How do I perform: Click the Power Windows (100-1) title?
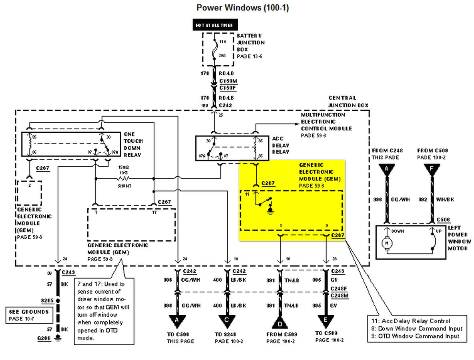click(x=243, y=8)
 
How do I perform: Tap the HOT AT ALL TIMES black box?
click(x=215, y=25)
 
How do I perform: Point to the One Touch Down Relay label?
click(x=133, y=144)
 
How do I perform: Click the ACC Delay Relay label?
click(x=280, y=145)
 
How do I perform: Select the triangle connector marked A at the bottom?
click(x=177, y=320)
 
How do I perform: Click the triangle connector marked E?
click(x=326, y=320)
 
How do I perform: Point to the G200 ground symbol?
click(x=59, y=338)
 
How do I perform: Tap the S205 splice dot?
click(x=58, y=300)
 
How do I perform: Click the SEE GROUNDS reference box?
click(x=29, y=314)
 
